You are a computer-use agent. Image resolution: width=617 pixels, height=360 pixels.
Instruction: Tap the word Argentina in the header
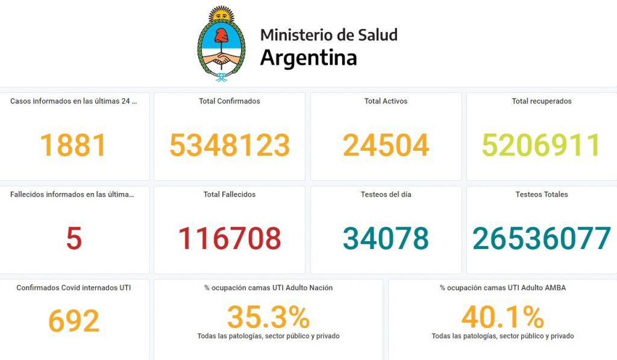(308, 58)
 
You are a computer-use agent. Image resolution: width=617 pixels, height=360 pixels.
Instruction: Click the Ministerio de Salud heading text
(328, 35)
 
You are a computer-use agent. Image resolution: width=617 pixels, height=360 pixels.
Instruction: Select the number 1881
(74, 145)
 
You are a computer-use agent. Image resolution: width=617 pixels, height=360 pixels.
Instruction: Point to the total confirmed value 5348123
(230, 145)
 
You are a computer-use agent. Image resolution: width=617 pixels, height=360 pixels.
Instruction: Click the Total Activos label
(386, 101)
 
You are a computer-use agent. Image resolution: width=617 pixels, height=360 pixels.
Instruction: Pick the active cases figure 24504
(386, 145)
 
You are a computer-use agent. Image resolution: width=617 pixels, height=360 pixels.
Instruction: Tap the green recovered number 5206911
(541, 145)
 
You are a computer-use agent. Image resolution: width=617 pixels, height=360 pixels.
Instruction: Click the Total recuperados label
(542, 101)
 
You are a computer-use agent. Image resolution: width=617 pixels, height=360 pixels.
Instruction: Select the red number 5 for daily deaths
(74, 239)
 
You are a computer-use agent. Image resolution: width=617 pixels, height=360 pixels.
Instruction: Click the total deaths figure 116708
(230, 239)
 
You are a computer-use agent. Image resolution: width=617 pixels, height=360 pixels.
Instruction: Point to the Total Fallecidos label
(230, 195)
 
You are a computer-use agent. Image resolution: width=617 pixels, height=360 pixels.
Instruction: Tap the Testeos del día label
(386, 195)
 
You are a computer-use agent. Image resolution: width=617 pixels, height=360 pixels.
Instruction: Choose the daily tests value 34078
(386, 239)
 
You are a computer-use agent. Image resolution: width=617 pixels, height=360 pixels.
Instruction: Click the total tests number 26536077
(541, 239)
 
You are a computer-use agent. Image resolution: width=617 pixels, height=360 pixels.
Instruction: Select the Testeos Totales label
(542, 195)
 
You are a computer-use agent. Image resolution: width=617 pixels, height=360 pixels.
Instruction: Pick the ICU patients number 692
(74, 321)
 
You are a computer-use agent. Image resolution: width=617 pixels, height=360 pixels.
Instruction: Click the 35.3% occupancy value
(268, 317)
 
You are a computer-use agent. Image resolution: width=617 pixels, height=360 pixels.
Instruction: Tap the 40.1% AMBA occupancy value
(503, 317)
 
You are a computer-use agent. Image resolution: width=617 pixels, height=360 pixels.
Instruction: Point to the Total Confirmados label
(230, 101)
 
